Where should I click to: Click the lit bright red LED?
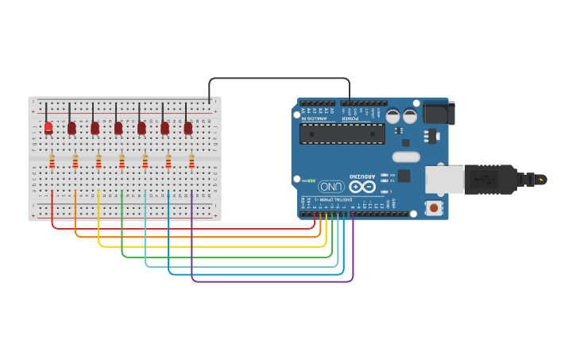tap(48, 127)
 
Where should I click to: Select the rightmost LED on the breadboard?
tap(188, 127)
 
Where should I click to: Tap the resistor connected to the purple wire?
tap(191, 162)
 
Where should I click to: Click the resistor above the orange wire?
tap(75, 162)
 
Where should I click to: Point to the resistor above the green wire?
tap(122, 162)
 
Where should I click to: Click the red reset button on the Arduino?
tap(434, 207)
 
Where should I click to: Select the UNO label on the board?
tap(331, 186)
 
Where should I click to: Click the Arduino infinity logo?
tap(361, 187)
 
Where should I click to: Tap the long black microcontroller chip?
tap(342, 134)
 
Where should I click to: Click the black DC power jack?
tap(438, 113)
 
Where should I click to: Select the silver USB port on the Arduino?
tap(445, 179)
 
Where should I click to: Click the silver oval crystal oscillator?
tap(405, 157)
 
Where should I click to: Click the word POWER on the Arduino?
tap(350, 117)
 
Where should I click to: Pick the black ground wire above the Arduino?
tap(278, 79)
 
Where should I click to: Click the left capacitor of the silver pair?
tap(392, 116)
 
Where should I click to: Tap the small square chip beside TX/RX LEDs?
tap(404, 176)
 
